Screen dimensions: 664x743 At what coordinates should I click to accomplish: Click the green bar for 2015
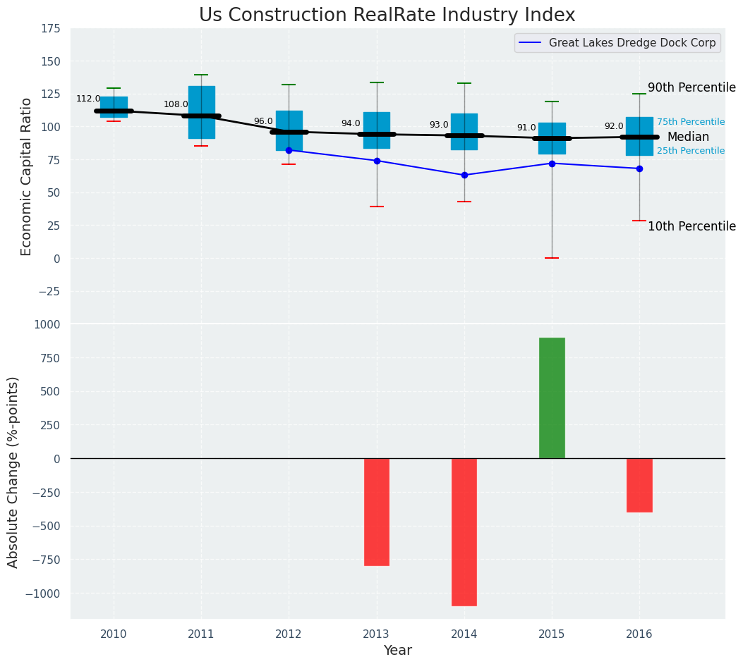point(552,398)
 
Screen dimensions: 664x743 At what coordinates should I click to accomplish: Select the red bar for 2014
point(464,531)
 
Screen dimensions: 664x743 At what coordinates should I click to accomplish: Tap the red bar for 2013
point(377,512)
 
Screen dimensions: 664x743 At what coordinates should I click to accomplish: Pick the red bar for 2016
point(639,485)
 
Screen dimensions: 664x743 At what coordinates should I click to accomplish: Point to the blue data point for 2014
point(464,175)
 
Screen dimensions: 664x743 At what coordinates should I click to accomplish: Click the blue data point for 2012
point(289,150)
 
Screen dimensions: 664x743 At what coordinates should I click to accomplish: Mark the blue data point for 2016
point(639,168)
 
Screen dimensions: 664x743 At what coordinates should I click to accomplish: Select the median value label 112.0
point(88,99)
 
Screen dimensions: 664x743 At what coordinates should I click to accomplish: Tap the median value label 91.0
point(526,128)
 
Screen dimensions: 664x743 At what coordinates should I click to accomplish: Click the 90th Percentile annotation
point(691,88)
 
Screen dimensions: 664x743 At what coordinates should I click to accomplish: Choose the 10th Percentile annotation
point(691,226)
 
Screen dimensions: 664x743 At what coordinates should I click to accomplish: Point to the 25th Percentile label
point(691,151)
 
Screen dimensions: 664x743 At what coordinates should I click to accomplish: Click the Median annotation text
point(688,137)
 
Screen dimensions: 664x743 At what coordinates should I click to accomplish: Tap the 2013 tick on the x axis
point(377,634)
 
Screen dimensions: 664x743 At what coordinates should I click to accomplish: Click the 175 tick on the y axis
point(51,29)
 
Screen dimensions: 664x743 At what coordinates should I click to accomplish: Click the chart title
point(387,16)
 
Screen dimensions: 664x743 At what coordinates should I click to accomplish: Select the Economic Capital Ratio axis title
point(27,176)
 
